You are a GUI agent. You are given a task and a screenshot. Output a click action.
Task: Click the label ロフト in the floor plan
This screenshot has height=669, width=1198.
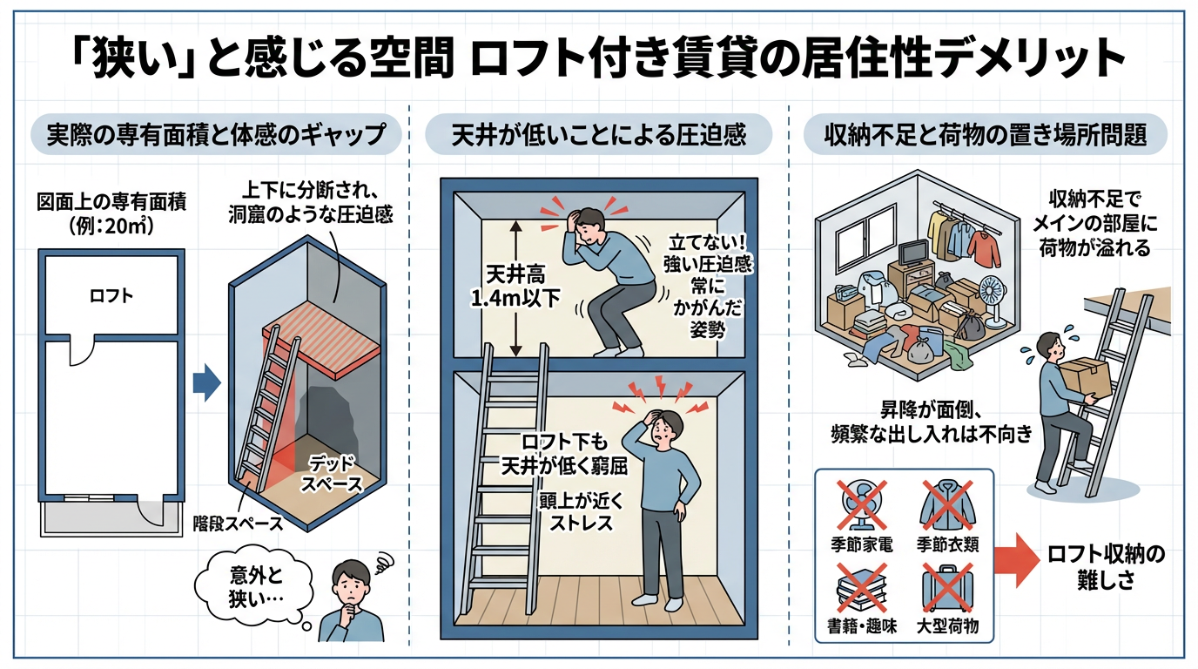111,295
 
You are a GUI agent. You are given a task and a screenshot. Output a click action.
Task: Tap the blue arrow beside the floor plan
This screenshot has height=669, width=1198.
206,382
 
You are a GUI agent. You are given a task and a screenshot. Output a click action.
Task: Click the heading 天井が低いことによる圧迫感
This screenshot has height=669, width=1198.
598,134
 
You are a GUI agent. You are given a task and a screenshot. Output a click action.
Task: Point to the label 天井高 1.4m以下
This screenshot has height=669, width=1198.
515,287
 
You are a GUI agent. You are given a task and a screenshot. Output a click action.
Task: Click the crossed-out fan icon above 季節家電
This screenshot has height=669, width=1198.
862,505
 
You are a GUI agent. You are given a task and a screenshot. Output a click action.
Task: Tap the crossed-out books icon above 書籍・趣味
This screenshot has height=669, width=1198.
862,587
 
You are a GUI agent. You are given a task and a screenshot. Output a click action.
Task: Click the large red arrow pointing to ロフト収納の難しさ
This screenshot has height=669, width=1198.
1017,560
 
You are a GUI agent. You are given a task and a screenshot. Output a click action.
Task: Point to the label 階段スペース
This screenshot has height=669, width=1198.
239,524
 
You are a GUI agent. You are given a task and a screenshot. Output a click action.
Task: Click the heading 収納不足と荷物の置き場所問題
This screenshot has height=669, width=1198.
986,134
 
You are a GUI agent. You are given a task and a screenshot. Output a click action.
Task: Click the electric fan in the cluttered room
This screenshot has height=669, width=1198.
993,301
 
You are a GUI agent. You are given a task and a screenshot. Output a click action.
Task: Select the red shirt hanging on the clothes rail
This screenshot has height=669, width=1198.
983,247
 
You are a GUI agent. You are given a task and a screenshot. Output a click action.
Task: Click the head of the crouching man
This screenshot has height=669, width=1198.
588,226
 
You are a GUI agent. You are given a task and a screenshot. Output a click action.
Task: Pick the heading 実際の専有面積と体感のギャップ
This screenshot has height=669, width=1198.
216,134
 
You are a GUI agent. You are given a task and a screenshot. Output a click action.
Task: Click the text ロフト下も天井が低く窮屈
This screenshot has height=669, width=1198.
564,455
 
